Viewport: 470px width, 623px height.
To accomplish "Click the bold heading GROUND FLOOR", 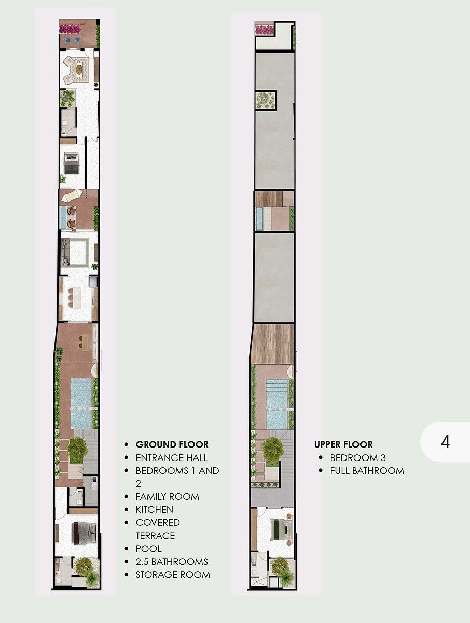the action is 172,444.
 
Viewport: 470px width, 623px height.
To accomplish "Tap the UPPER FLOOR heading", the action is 343,444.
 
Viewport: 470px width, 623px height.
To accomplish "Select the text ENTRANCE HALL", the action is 172,458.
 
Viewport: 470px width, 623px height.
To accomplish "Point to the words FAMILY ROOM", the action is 167,497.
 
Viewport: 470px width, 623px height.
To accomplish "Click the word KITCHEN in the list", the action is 154,510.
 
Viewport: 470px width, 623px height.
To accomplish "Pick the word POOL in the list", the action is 148,549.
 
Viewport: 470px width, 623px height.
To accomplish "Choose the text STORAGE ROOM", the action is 173,575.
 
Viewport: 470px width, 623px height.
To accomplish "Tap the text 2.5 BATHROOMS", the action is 172,562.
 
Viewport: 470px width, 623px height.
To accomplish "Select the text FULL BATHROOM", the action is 367,471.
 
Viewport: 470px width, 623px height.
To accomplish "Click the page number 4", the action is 445,442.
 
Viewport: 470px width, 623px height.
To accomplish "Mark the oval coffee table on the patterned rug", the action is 80,69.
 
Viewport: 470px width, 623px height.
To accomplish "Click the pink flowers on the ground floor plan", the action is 70,29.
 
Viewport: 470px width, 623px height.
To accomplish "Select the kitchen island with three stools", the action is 76,297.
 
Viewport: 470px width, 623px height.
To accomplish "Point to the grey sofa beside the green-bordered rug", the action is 65,253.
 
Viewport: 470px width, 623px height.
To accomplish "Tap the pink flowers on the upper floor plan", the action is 264,30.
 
